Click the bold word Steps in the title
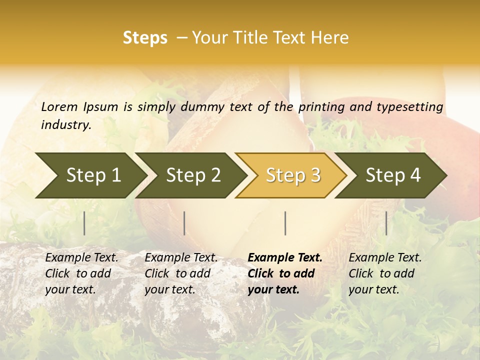(x=145, y=38)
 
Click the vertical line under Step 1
(x=84, y=223)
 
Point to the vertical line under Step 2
(x=184, y=223)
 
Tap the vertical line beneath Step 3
(x=285, y=223)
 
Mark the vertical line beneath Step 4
(x=386, y=223)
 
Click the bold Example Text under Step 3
(x=285, y=258)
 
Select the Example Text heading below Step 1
(x=81, y=258)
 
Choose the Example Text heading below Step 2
(x=181, y=258)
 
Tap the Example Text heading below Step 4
(x=385, y=258)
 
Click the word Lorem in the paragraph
(x=59, y=106)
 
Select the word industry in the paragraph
(x=65, y=125)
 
